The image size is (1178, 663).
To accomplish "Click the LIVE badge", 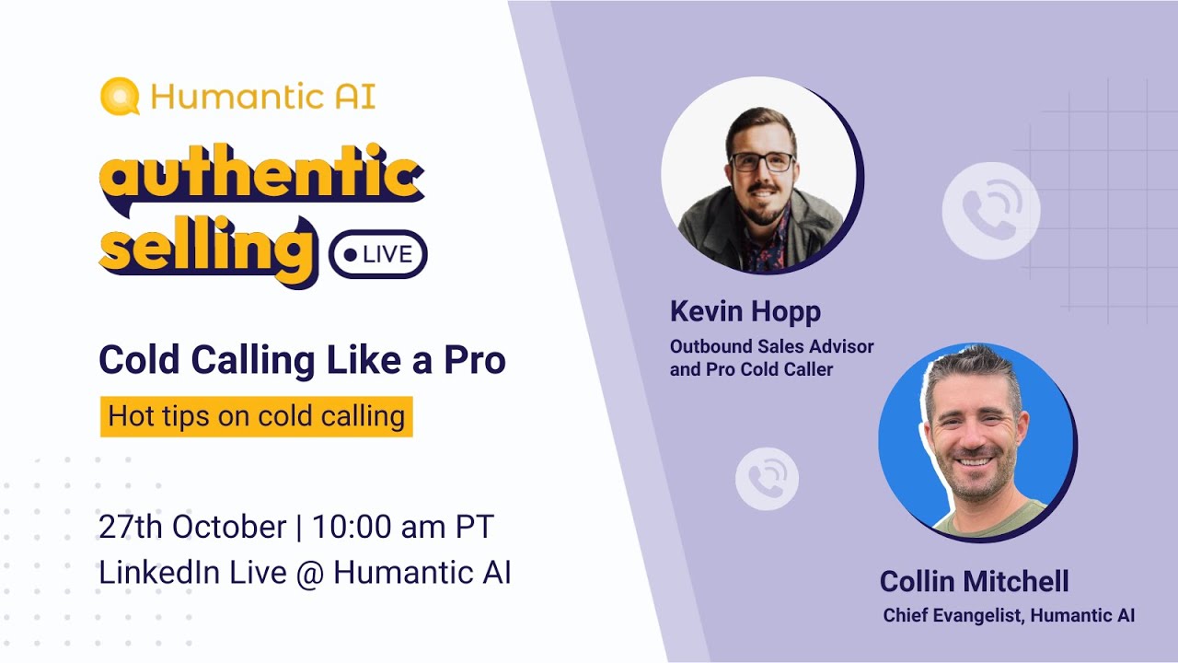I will [378, 254].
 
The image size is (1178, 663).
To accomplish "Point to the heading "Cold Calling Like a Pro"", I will [302, 360].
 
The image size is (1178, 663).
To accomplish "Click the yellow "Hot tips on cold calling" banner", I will [256, 416].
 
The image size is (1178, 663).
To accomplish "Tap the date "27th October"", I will [192, 528].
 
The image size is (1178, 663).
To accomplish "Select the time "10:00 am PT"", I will [403, 528].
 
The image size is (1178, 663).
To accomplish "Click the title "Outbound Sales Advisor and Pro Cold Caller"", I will [771, 358].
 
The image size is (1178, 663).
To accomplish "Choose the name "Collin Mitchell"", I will [974, 581].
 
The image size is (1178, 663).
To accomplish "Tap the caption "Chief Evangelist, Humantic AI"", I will [1009, 615].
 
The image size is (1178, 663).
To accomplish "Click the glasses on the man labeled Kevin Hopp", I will [761, 162].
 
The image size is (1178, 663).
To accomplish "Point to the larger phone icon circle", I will [990, 210].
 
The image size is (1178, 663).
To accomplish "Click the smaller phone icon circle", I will [767, 479].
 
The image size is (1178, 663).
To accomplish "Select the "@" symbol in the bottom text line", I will [310, 573].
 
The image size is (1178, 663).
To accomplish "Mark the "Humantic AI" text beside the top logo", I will [262, 97].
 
